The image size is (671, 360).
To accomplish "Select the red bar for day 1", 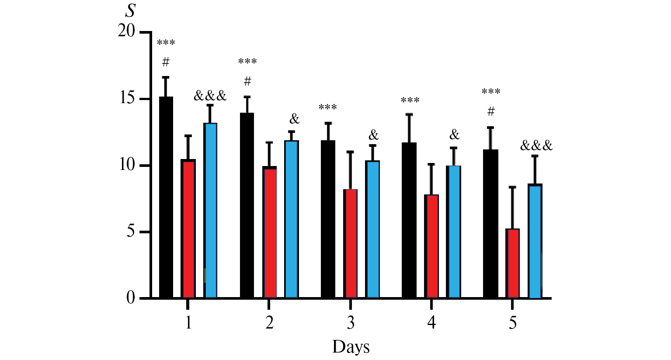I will coord(188,229).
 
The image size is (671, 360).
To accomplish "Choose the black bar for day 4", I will coord(409,221).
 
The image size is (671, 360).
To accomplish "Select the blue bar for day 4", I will coord(454,232).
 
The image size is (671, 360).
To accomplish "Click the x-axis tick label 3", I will coord(351,323).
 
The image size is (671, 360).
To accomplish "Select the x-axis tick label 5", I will coord(513,323).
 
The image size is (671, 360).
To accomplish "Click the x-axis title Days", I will coord(351,347).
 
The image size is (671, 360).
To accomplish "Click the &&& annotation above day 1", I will coord(210,96).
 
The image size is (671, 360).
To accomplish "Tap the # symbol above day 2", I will coord(247,81).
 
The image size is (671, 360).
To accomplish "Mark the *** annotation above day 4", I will coord(410,101).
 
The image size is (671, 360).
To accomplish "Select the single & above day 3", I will coord(373,135).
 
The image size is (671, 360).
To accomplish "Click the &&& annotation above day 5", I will coord(536,145).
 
